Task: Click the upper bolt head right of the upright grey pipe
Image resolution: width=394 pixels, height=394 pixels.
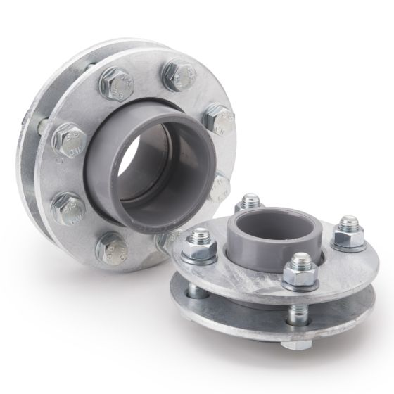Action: coord(221,120)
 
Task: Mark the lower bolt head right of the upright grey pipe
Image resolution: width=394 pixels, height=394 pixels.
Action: coord(220,186)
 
